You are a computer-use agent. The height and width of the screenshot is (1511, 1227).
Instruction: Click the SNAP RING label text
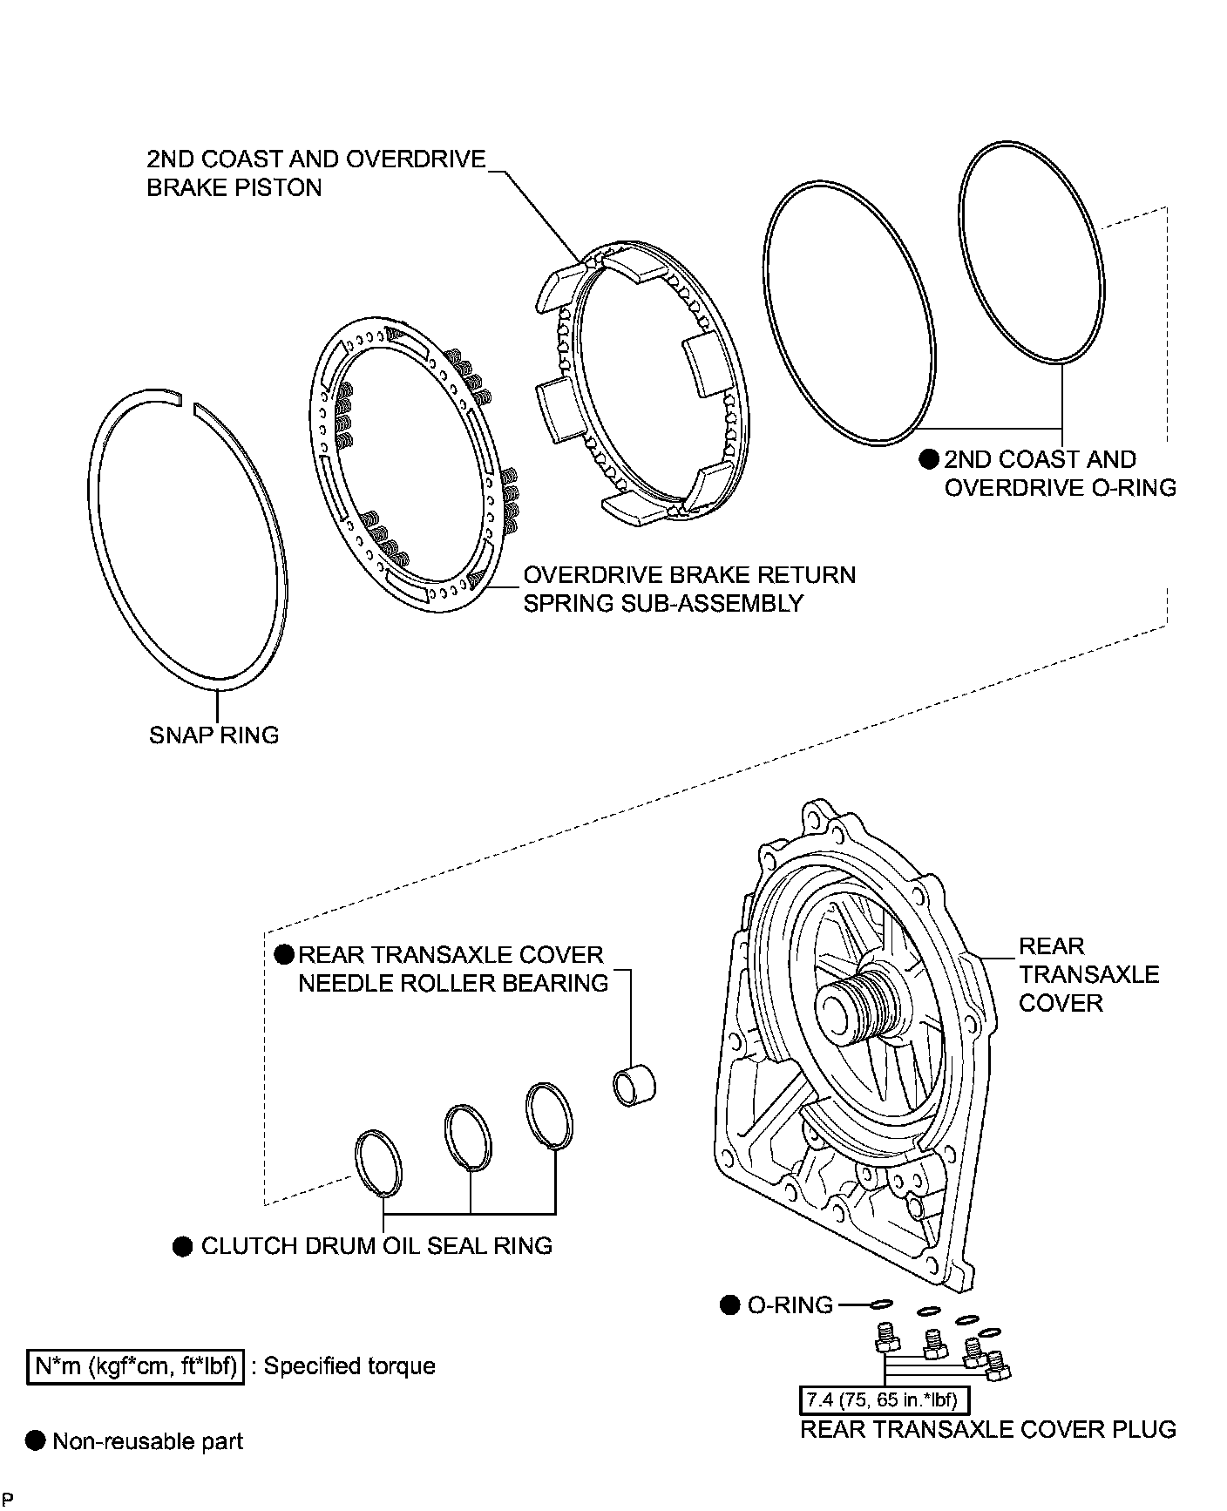coord(214,735)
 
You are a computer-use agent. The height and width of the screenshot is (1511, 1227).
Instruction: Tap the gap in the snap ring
coord(186,402)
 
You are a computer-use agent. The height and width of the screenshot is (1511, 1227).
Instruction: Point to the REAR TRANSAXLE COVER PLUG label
coord(987,1429)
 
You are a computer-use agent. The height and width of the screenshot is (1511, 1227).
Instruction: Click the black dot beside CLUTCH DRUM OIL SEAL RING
coord(182,1247)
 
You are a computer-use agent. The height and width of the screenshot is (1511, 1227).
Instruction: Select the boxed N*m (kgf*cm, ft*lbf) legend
coord(134,1365)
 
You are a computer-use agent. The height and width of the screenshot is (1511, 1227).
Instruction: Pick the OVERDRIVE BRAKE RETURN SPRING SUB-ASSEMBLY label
coord(688,589)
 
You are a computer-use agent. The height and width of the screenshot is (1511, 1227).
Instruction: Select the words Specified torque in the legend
coord(349,1365)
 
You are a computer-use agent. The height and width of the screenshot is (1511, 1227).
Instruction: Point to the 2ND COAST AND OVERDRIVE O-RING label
coord(1059,473)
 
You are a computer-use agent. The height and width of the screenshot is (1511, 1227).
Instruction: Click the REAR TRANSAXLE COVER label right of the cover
coord(1088,974)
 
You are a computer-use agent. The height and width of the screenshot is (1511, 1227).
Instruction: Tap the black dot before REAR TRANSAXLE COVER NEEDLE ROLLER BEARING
coord(284,955)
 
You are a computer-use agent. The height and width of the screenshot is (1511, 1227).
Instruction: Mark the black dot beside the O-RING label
coord(730,1305)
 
